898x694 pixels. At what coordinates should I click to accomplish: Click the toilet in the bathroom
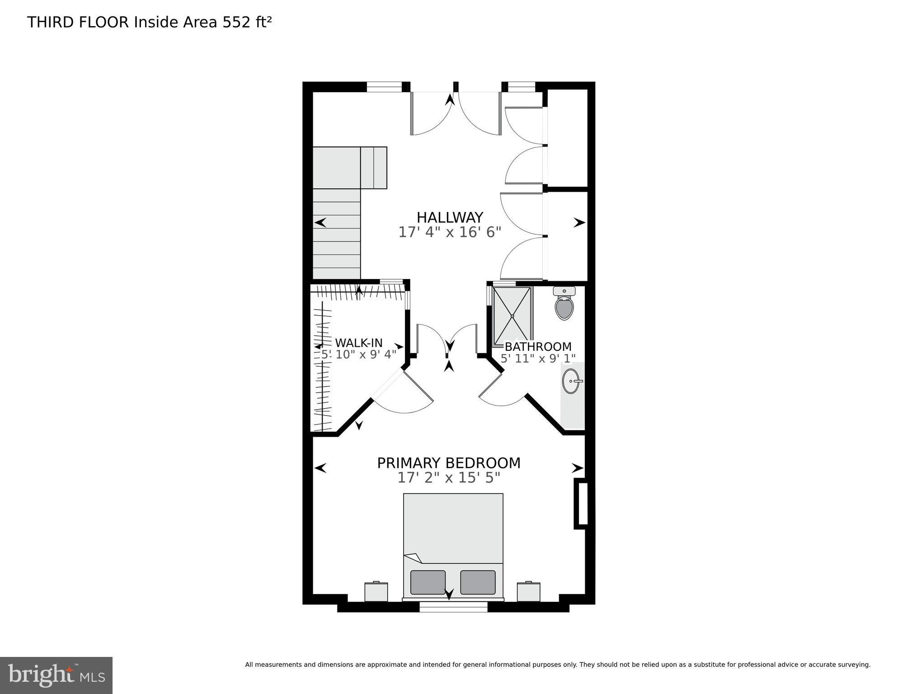[x=564, y=303]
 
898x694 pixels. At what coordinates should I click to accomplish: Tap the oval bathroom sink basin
[x=571, y=381]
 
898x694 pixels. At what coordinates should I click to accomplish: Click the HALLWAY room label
[x=450, y=217]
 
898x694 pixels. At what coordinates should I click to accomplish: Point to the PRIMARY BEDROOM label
[x=449, y=463]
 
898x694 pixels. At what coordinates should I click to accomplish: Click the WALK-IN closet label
[x=358, y=343]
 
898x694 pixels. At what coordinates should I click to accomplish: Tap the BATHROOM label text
[x=538, y=347]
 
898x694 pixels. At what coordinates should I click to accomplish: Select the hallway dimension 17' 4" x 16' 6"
[x=450, y=232]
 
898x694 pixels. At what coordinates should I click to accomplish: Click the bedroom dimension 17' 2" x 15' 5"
[x=449, y=478]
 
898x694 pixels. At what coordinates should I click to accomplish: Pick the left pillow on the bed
[x=428, y=582]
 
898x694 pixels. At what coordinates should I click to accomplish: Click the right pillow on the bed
[x=478, y=582]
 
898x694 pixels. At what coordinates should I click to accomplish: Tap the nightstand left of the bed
[x=376, y=591]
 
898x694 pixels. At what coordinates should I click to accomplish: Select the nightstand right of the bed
[x=529, y=591]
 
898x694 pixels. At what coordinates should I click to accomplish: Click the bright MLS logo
[x=56, y=675]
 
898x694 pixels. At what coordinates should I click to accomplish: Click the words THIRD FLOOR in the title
[x=78, y=22]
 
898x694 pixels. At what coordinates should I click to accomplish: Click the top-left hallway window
[x=384, y=87]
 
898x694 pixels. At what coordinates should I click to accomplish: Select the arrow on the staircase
[x=320, y=222]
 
